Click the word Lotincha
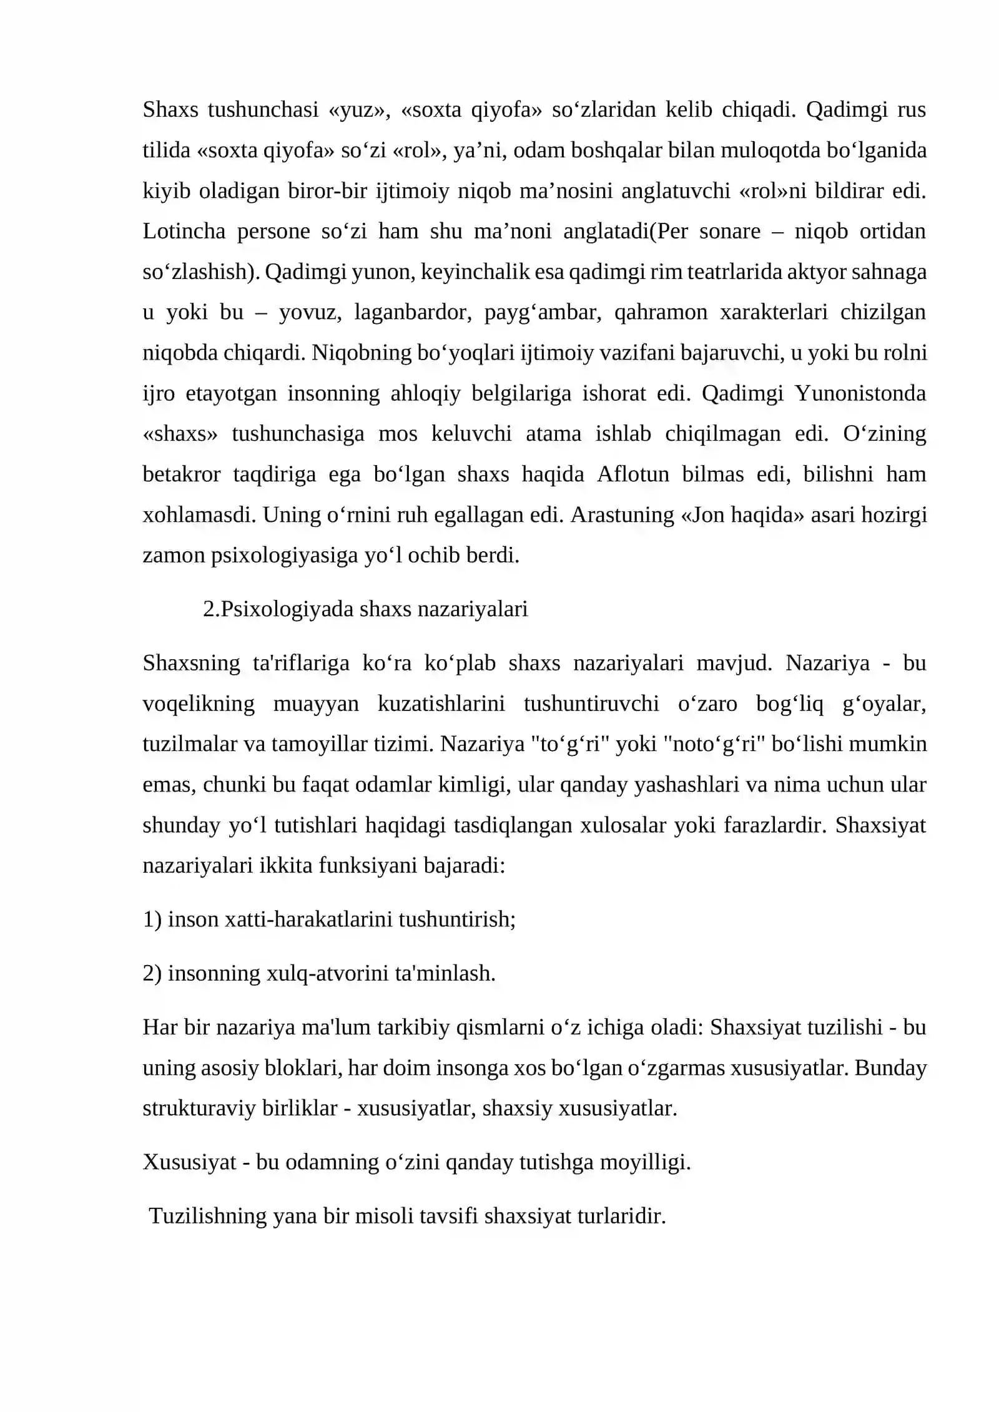(184, 232)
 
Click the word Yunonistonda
(860, 393)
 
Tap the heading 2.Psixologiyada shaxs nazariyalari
(365, 609)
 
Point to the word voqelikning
(199, 704)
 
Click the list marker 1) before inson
(152, 920)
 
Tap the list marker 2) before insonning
(152, 974)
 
